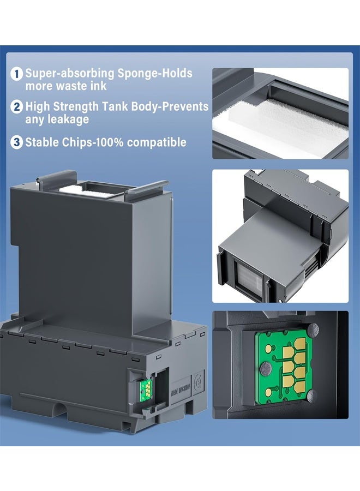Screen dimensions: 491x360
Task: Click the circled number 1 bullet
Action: tap(17, 73)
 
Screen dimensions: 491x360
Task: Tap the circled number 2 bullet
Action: tap(17, 107)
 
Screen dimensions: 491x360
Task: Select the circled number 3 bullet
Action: tap(17, 142)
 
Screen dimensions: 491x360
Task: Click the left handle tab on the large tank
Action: tap(54, 179)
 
